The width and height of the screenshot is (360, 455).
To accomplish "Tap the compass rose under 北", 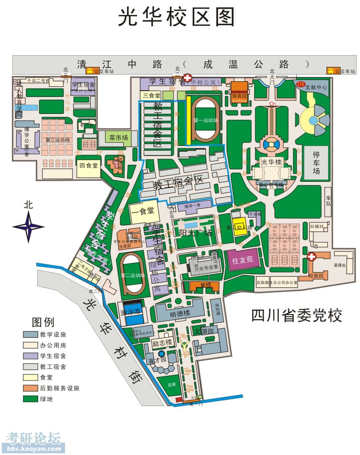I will [x=28, y=227].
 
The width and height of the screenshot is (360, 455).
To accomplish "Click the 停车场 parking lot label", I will [x=316, y=163].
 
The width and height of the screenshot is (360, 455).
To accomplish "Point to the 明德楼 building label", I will [x=180, y=313].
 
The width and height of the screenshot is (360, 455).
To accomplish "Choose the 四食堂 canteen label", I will [x=88, y=165].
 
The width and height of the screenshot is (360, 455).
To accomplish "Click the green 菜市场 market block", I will [x=118, y=137].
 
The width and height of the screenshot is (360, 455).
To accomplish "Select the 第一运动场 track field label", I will [x=206, y=120].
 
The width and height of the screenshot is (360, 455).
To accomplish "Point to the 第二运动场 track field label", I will [x=133, y=275].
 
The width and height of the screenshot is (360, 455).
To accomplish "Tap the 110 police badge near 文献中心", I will [x=300, y=84].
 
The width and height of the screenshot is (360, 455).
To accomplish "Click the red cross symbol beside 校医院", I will [x=311, y=257].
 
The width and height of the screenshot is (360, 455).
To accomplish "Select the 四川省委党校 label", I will [x=296, y=315].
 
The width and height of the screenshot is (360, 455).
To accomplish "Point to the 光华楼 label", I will [x=271, y=162].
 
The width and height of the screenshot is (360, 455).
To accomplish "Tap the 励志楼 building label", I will [x=162, y=342].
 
